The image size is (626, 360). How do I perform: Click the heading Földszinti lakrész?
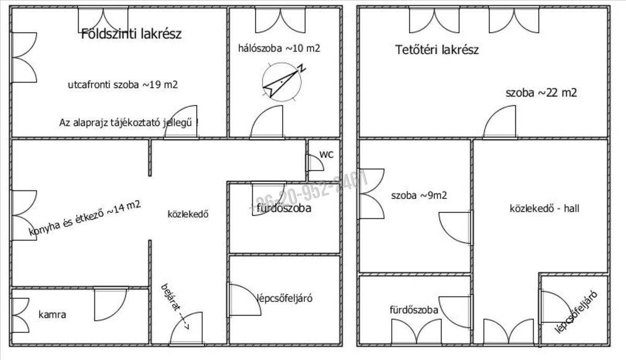pyautogui.click(x=131, y=34)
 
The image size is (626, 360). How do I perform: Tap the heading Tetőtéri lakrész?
pyautogui.click(x=437, y=51)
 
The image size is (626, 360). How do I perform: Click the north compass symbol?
pyautogui.click(x=283, y=80)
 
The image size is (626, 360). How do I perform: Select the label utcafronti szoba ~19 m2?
pyautogui.click(x=123, y=85)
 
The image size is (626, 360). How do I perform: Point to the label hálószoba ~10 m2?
pyautogui.click(x=279, y=49)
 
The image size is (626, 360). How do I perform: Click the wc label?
pyautogui.click(x=326, y=154)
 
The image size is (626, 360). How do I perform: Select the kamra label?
pyautogui.click(x=52, y=315)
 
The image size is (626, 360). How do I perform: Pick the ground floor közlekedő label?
pyautogui.click(x=188, y=214)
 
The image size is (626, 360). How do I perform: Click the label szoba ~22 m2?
pyautogui.click(x=541, y=93)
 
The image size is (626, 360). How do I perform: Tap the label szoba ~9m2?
pyautogui.click(x=419, y=196)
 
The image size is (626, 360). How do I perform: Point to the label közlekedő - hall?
pyautogui.click(x=545, y=208)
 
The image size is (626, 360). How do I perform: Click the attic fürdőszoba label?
pyautogui.click(x=414, y=310)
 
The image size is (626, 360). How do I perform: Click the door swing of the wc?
pyautogui.click(x=315, y=163)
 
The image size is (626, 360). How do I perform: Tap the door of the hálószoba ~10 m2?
pyautogui.click(x=267, y=123)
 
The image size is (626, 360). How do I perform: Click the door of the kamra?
pyautogui.click(x=110, y=304)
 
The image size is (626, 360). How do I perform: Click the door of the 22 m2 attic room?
pyautogui.click(x=500, y=123)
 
